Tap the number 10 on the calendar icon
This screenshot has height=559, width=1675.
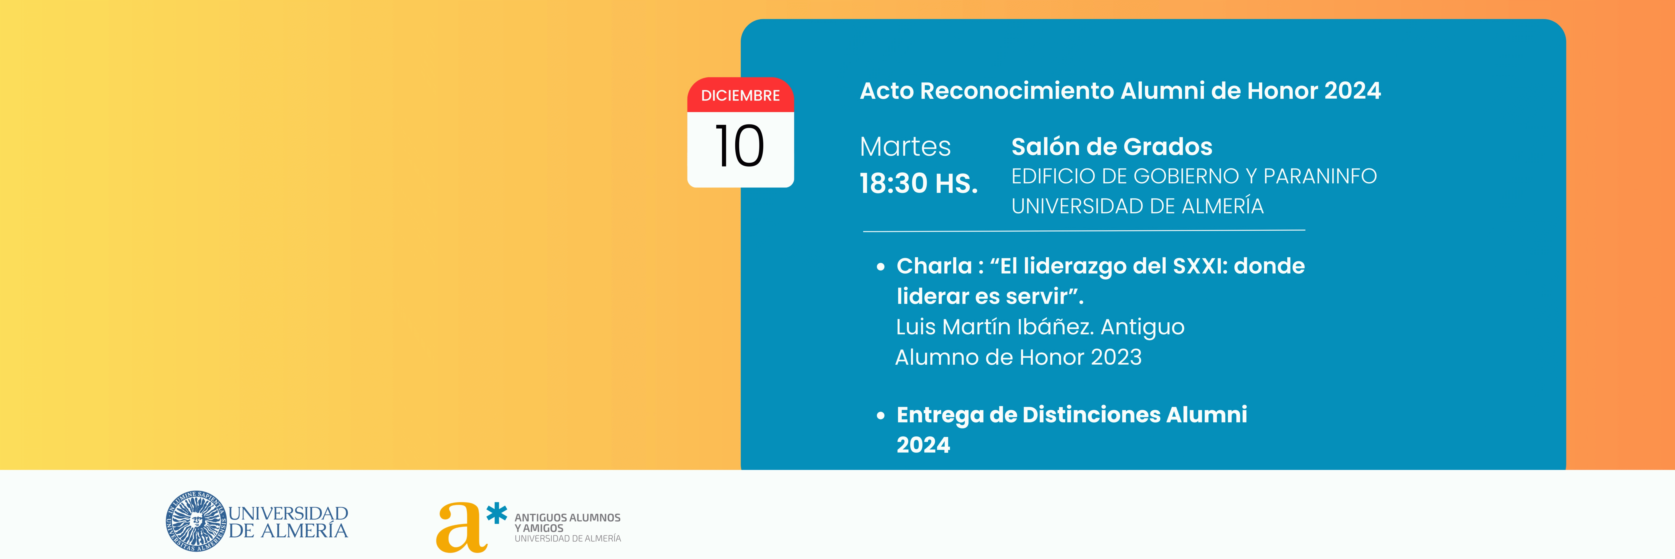click(x=739, y=146)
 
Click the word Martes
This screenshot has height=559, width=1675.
click(x=905, y=147)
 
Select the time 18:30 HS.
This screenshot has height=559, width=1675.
click(x=919, y=183)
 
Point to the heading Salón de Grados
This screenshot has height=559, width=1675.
click(x=1112, y=147)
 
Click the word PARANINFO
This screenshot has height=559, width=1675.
click(x=1320, y=176)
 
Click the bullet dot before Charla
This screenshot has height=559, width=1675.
click(x=881, y=267)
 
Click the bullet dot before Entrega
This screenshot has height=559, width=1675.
click(x=881, y=416)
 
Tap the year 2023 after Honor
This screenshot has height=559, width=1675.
click(x=1116, y=357)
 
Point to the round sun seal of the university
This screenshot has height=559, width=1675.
click(x=196, y=521)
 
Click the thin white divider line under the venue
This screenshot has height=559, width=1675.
click(x=1084, y=230)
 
